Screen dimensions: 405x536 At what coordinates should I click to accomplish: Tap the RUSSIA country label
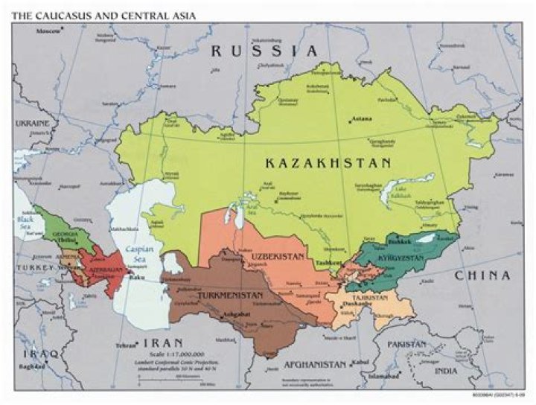(x=264, y=51)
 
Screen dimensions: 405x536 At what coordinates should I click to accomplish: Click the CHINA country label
(x=484, y=275)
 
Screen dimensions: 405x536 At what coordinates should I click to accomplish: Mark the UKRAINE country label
(x=31, y=122)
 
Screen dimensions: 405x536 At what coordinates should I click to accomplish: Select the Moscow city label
(x=48, y=31)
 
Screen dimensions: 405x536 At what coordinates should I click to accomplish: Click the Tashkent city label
(x=328, y=263)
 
